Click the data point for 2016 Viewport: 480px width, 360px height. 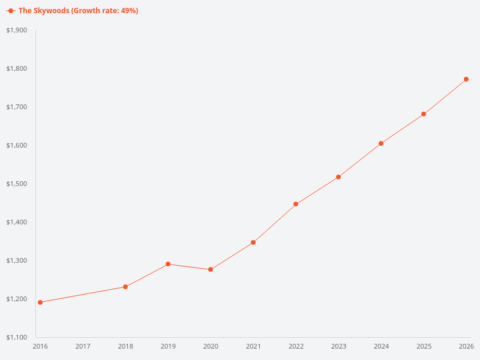click(40, 302)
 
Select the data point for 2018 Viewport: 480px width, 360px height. click(125, 287)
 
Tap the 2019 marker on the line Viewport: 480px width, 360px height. click(168, 264)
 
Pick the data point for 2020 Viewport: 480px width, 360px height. click(211, 269)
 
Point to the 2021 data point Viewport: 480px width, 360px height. click(253, 242)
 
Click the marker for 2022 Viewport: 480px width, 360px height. click(296, 204)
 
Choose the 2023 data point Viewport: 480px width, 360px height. click(338, 177)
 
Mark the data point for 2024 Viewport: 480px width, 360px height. click(381, 143)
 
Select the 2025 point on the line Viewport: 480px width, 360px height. click(424, 114)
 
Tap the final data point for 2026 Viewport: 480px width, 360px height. click(466, 79)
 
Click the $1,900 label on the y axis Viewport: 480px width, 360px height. click(17, 30)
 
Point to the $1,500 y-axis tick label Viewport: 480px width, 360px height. click(17, 184)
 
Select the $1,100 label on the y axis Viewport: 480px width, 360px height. click(17, 337)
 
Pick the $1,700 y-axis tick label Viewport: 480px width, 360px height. click(17, 107)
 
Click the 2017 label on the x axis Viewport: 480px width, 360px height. click(83, 346)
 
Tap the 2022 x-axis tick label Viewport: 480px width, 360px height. click(296, 346)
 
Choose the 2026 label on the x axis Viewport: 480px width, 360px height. click(466, 346)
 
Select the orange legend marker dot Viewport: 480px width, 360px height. click(11, 11)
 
